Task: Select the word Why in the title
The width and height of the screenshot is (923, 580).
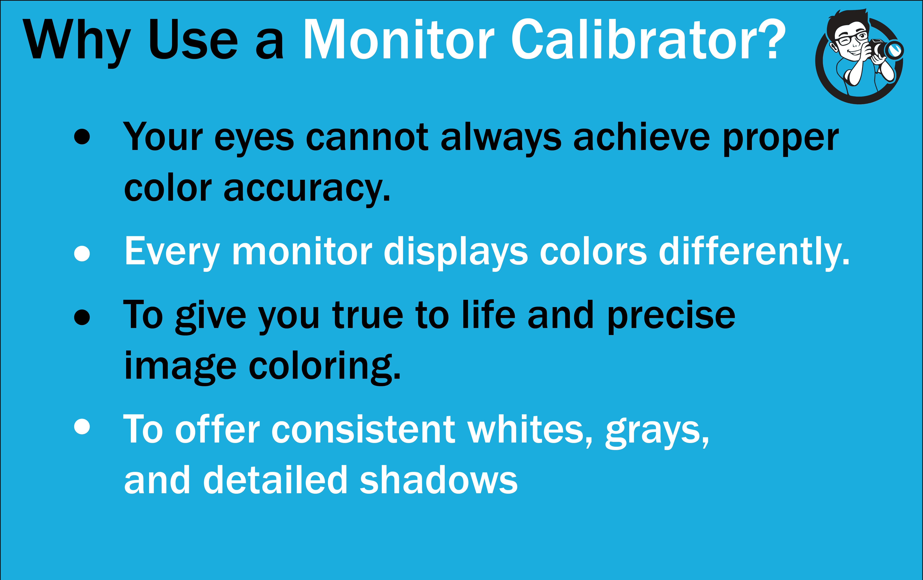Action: pos(77,43)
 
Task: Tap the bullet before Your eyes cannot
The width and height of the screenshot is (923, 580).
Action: pos(82,137)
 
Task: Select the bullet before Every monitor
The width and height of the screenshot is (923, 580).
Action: pos(82,253)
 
